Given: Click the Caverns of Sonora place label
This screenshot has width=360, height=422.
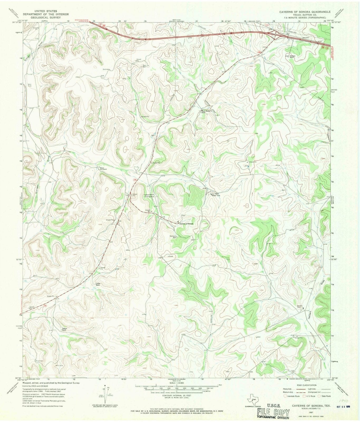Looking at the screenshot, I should click(187, 224).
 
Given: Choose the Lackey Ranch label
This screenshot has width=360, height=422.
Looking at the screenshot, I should click(98, 284).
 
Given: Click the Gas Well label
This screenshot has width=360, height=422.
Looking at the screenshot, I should click(144, 66).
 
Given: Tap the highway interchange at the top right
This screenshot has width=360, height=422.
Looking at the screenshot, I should click(276, 35).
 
